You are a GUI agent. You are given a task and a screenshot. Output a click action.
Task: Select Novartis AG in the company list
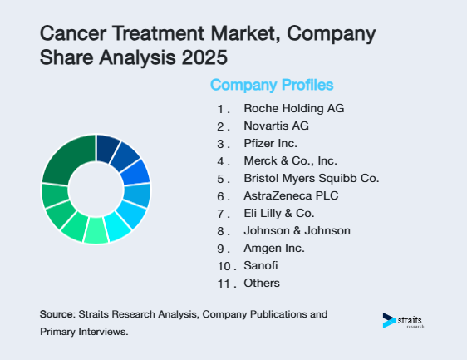[275, 126]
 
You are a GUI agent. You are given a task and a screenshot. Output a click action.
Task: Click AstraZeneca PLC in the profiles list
[285, 196]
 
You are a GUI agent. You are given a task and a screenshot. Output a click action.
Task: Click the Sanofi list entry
[259, 266]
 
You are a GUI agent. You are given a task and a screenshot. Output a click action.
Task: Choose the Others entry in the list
[261, 284]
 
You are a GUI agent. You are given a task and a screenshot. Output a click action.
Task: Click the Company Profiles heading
[272, 85]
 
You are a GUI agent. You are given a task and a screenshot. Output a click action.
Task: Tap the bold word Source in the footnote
[56, 315]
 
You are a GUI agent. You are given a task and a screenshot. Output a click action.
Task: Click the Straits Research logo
[402, 321]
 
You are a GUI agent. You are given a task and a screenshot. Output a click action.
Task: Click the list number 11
[223, 284]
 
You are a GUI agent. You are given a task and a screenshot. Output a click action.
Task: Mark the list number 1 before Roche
[221, 109]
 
